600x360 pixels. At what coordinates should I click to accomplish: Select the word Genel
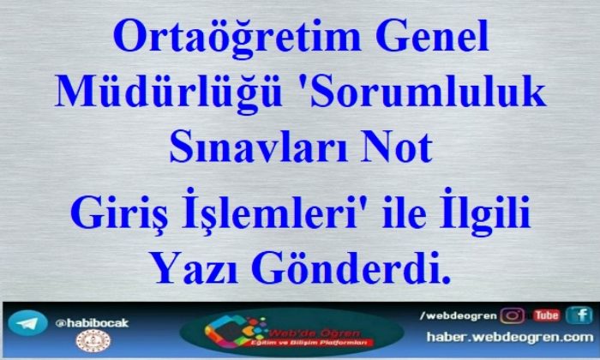[432, 36]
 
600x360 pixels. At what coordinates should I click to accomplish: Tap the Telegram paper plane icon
[27, 323]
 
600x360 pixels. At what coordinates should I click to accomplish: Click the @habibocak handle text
[92, 323]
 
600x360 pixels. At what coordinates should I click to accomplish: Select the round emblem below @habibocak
[93, 341]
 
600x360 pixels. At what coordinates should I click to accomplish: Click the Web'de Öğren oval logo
[291, 332]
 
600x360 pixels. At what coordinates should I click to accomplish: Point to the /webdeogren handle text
[458, 316]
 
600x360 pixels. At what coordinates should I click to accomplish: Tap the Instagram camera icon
[513, 316]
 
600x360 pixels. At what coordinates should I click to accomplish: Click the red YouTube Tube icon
[547, 315]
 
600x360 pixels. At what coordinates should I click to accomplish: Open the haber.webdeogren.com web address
[510, 337]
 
